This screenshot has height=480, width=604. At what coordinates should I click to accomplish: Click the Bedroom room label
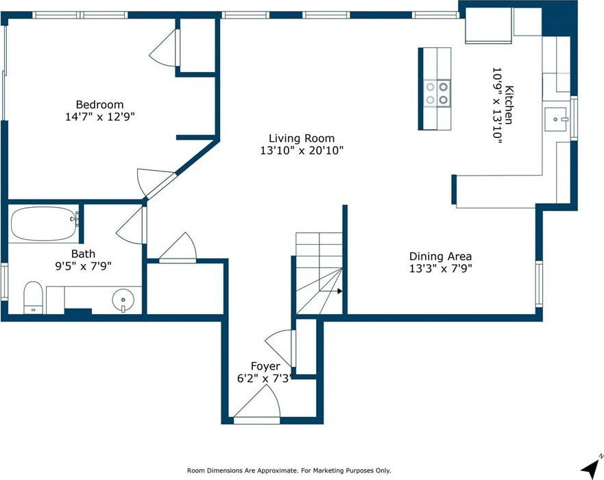tap(100, 104)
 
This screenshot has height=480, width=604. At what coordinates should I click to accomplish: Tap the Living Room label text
tap(302, 139)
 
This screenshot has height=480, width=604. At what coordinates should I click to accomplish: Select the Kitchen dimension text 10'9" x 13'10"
tap(497, 106)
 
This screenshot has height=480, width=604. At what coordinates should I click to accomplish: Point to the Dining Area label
tap(440, 256)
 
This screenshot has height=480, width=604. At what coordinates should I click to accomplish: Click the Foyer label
tap(265, 365)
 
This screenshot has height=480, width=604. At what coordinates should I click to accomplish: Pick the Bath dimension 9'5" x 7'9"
tap(83, 266)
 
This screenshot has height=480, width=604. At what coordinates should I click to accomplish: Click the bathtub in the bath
tap(43, 224)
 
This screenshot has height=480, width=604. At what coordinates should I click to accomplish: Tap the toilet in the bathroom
tap(33, 298)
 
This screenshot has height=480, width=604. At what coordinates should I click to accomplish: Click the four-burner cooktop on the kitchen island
tap(437, 93)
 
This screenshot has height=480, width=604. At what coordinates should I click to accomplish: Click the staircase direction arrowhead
tap(339, 291)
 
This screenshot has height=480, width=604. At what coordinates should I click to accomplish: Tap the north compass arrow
tap(590, 466)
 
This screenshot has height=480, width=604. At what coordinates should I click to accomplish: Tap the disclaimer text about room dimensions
tap(289, 470)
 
